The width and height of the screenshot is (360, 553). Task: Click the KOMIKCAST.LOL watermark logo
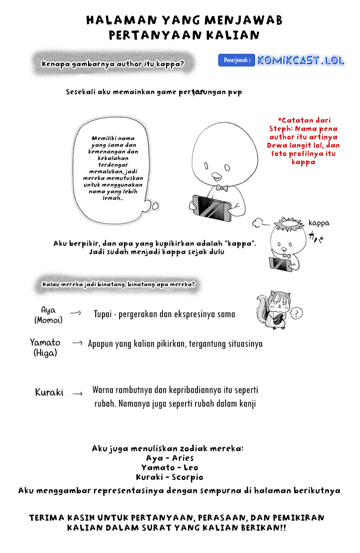(x=300, y=60)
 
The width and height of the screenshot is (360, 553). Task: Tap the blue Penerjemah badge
(x=236, y=60)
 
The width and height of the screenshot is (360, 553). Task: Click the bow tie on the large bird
(x=222, y=188)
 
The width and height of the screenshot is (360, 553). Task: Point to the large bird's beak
(x=216, y=176)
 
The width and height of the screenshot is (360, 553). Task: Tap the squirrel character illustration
(x=274, y=309)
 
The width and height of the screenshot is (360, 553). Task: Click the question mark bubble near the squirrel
(x=296, y=313)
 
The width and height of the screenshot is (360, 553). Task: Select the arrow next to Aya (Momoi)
(x=76, y=313)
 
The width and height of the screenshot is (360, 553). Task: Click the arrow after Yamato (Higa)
(x=77, y=343)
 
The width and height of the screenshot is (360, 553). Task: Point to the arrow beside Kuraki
(x=78, y=393)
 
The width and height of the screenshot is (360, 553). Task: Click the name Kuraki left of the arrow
(x=49, y=392)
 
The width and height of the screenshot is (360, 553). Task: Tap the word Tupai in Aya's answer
(x=103, y=314)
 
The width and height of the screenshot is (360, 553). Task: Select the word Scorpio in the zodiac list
(x=187, y=477)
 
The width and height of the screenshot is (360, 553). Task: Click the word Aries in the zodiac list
(x=183, y=458)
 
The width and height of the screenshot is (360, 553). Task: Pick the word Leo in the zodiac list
(x=191, y=467)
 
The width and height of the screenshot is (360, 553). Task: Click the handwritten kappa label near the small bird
(x=319, y=223)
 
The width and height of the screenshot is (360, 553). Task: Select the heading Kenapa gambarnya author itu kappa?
(x=113, y=64)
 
